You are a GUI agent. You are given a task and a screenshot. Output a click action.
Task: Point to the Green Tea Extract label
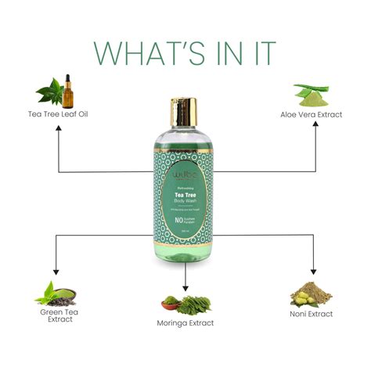point(56,315)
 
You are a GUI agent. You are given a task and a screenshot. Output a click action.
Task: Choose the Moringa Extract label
point(185,322)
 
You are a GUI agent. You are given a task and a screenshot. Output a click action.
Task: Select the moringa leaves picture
point(186,302)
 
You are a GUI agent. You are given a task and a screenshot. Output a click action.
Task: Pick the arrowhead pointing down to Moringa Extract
point(185,285)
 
